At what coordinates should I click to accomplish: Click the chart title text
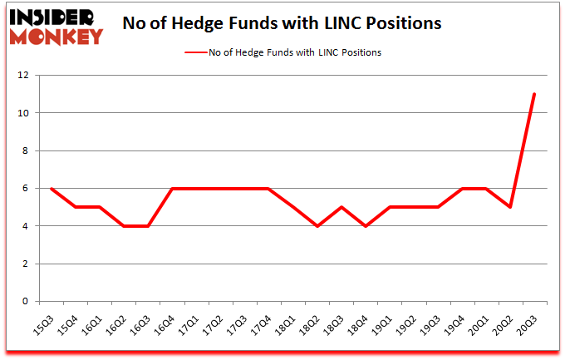[x=282, y=23]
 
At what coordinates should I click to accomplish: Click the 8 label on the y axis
[x=25, y=150]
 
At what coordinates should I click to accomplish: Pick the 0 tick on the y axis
[x=25, y=302]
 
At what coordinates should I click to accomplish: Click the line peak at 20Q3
[x=534, y=94]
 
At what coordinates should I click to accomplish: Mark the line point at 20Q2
[x=510, y=207]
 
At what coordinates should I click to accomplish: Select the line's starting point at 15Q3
[x=52, y=189]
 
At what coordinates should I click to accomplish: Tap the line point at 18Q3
[x=341, y=207]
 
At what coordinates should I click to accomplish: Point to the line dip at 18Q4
[x=366, y=226]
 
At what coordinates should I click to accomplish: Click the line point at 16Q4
[x=172, y=189]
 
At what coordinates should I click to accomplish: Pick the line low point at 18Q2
[x=317, y=226]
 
